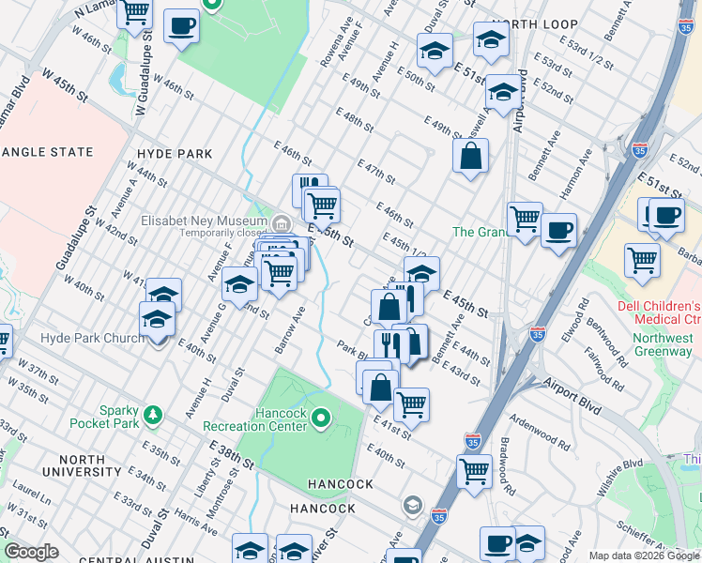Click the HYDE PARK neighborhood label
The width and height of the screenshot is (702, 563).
174,153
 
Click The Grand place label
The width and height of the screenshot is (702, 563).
481,232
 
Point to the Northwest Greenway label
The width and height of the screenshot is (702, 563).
662,344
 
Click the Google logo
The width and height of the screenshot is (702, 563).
32,552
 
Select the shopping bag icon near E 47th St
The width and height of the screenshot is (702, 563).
470,156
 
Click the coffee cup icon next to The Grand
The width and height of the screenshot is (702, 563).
558,228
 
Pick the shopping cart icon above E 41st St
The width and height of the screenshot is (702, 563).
410,403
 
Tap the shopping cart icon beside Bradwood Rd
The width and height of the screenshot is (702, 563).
475,470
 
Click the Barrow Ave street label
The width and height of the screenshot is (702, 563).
290,327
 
